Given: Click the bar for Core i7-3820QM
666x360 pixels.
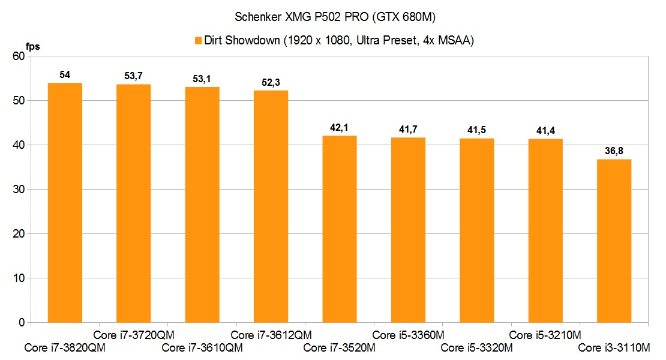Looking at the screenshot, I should [65, 203].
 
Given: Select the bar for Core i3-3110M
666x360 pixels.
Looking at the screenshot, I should [614, 241].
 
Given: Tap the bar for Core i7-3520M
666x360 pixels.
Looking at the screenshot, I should [340, 229].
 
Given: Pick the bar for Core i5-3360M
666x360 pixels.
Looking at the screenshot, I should [408, 230].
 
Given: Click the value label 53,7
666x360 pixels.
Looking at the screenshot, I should [133, 76].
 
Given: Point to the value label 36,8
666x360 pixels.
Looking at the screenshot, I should [614, 151].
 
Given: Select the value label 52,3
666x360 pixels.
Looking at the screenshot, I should [271, 82].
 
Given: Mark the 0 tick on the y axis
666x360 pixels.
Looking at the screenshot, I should [21, 323].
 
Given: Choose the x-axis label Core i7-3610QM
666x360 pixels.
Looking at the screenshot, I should [202, 347].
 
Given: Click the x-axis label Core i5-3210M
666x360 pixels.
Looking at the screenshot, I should [545, 335].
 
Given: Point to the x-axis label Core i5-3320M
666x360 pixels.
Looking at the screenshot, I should [476, 347].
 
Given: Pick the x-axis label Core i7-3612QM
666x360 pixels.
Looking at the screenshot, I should [271, 335].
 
